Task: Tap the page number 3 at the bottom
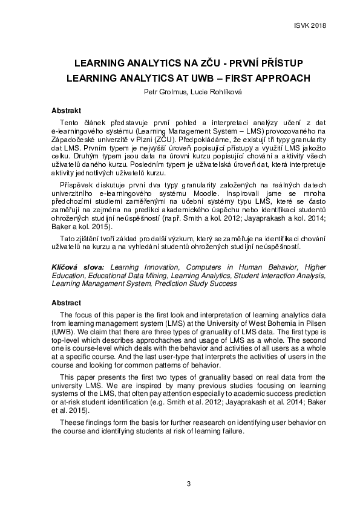tap(188, 483)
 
